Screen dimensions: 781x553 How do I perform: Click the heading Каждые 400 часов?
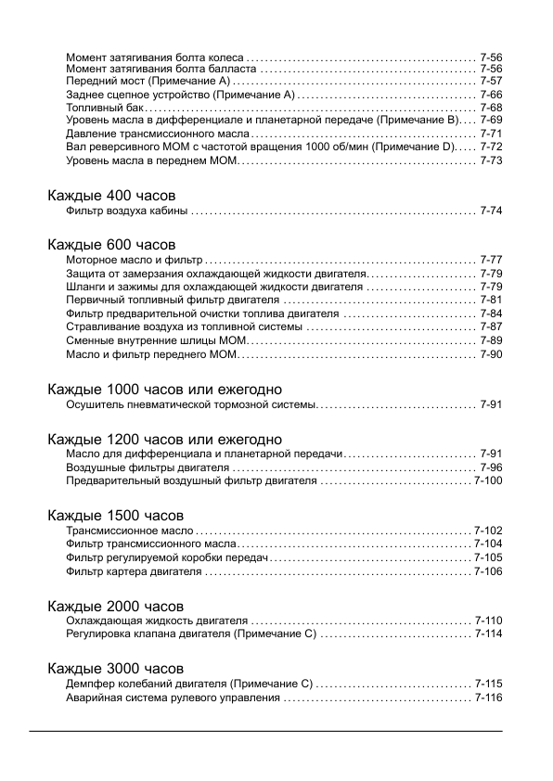(110, 196)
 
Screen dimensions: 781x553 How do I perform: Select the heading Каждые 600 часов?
(110, 244)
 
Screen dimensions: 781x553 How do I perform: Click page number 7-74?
(491, 211)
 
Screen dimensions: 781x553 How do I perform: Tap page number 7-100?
(488, 480)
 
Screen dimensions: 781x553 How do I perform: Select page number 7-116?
(488, 698)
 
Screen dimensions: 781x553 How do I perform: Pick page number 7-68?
(491, 108)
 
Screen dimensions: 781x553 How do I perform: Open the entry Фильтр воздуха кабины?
(127, 211)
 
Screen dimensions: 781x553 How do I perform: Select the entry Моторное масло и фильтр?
(134, 259)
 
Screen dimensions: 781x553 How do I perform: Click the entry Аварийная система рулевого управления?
(173, 698)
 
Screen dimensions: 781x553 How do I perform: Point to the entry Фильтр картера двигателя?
(134, 571)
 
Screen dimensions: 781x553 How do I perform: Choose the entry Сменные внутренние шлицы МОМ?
(155, 340)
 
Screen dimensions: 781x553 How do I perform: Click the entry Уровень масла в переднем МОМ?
(152, 160)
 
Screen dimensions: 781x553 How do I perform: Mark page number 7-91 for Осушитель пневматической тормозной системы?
(491, 405)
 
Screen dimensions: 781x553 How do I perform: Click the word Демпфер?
(90, 683)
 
